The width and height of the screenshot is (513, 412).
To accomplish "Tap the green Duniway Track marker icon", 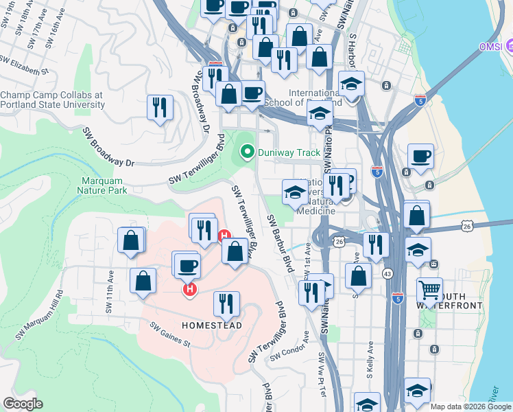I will (x=246, y=151).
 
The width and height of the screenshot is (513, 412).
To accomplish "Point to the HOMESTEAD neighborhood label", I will (x=212, y=325).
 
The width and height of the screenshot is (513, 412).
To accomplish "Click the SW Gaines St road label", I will (x=169, y=336).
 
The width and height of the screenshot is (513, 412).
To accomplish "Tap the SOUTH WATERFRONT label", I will (x=456, y=300).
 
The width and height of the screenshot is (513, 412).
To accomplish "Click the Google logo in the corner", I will (x=23, y=404).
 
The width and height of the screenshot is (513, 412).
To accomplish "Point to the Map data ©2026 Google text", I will (x=470, y=407).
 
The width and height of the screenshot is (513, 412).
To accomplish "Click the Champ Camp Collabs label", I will (x=52, y=100).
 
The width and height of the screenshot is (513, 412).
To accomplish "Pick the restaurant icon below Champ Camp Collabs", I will (x=160, y=106).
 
